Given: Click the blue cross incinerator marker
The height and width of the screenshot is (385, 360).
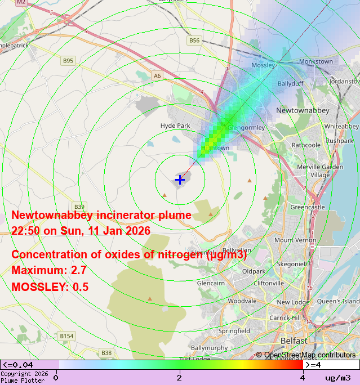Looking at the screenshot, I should click(x=180, y=180).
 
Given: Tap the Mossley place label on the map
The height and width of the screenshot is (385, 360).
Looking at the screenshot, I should click(x=263, y=65).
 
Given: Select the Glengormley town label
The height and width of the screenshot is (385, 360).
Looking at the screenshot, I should click(x=246, y=127).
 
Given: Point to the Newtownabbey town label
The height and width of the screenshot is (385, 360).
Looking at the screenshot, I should click(x=303, y=110).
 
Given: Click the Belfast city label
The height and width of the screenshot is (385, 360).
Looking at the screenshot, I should click(x=294, y=341).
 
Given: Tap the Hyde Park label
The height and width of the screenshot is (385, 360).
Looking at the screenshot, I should click(x=175, y=126).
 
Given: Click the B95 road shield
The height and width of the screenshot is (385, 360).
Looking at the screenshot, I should click(x=68, y=60).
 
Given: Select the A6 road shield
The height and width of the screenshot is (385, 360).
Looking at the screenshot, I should click(x=157, y=75).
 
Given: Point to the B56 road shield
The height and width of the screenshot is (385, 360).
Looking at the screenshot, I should click(x=194, y=41).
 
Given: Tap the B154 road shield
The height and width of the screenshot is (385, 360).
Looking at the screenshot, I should click(x=66, y=336).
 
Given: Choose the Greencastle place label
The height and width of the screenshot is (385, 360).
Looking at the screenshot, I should click(x=308, y=207).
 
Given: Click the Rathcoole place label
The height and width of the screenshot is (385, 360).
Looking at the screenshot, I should click(x=306, y=145).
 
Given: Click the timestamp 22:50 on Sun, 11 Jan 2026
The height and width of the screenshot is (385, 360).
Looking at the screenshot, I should click(x=81, y=231).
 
